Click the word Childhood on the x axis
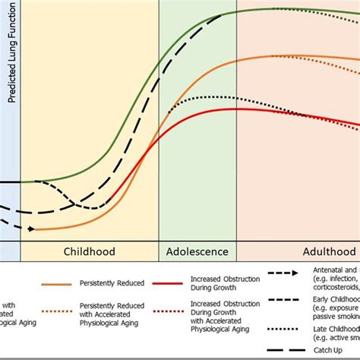(x=89, y=251)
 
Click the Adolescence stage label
(x=197, y=251)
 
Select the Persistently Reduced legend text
(x=115, y=283)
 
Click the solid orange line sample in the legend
(x=51, y=283)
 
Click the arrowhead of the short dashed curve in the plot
(x=30, y=228)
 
